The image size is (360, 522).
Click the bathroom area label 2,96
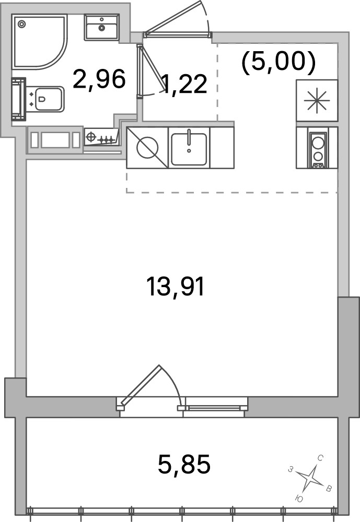pos(99,79)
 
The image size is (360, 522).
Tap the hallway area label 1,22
pos(184,84)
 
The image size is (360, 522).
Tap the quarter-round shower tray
pos(39,41)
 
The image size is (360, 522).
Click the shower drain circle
pos(21,23)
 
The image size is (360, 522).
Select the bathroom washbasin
pos(102,27)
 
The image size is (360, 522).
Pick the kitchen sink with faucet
pos(189,148)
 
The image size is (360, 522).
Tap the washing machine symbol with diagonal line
pos(147,148)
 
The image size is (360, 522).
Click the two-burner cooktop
pos(317,148)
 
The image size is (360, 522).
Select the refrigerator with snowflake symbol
pos(317,100)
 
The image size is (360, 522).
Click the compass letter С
pos(320,458)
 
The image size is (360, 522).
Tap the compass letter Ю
pos(299,499)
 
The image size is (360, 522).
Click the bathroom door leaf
pos(152,68)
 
